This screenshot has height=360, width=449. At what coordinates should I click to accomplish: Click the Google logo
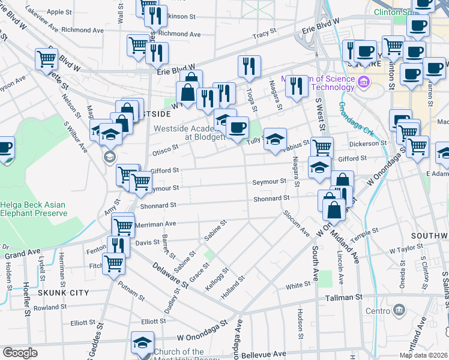click(20, 353)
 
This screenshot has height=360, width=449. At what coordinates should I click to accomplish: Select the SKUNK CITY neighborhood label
click(63, 293)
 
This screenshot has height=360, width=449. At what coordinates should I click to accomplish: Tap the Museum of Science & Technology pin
click(363, 82)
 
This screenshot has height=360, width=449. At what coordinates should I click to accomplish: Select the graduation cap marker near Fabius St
click(275, 140)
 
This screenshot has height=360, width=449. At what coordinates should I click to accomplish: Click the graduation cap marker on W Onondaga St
click(142, 343)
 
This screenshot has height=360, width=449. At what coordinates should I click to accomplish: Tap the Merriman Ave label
click(158, 223)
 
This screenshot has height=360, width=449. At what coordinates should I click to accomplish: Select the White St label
click(298, 286)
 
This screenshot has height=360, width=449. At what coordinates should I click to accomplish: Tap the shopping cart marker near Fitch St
click(113, 263)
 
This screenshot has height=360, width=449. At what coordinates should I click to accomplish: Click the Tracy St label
click(264, 35)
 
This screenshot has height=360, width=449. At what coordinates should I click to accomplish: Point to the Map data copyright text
click(424, 355)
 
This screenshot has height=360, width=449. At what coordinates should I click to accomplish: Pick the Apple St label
click(59, 12)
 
